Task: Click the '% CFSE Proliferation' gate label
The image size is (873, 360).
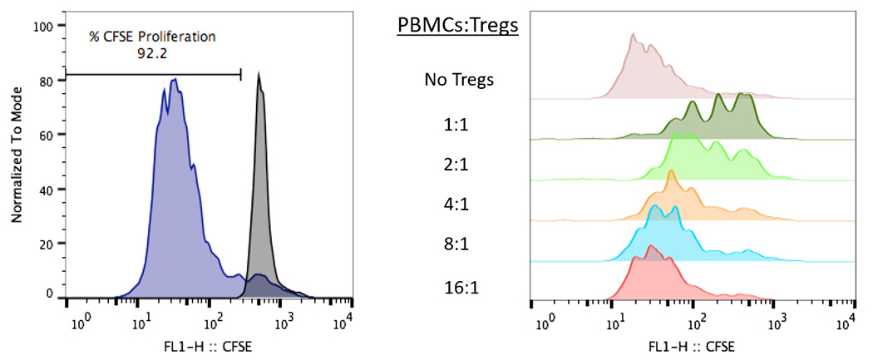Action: (152, 37)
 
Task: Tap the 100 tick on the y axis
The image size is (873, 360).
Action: (43, 26)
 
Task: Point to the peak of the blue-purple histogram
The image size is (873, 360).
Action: (175, 80)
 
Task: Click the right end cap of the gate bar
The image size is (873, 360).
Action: (241, 74)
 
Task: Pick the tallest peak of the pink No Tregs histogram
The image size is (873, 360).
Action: (634, 35)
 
